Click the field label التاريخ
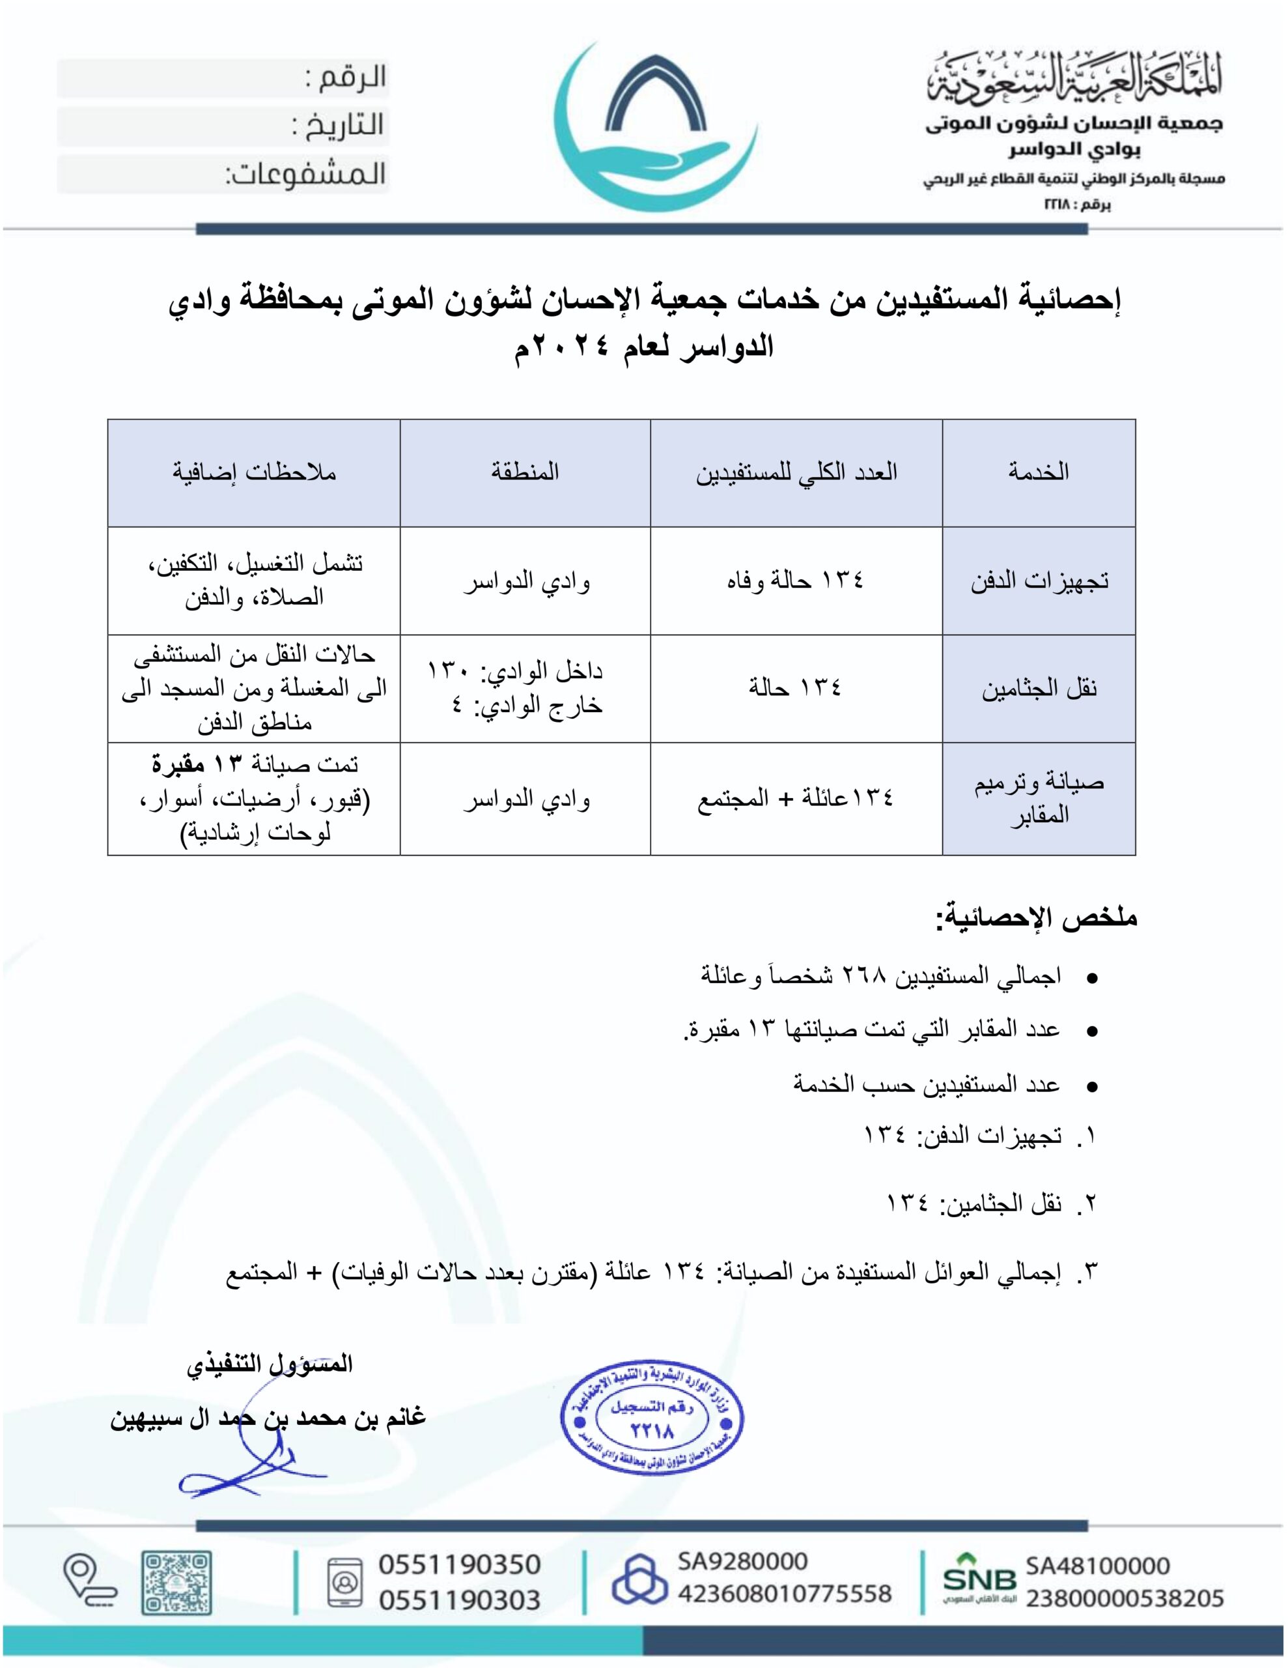click(337, 126)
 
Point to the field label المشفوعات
click(305, 175)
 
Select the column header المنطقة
click(525, 472)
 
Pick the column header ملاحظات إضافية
click(253, 472)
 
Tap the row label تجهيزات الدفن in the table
click(1039, 581)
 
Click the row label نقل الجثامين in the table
click(1039, 689)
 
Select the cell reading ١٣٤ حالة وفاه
click(795, 581)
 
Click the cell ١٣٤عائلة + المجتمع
click(795, 799)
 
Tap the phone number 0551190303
click(459, 1600)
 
